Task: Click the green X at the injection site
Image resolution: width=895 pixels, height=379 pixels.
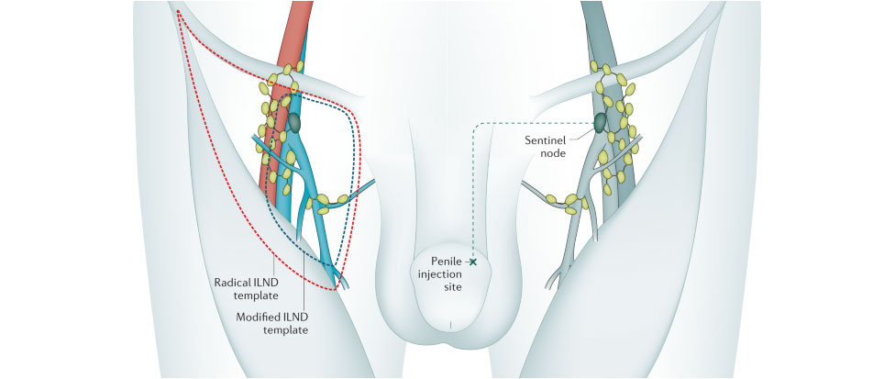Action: pyautogui.click(x=473, y=262)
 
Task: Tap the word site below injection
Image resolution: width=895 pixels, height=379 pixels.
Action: pyautogui.click(x=448, y=288)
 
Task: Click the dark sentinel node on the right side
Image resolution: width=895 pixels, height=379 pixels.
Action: pyautogui.click(x=600, y=122)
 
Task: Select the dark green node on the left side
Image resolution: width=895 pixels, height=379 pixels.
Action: pyautogui.click(x=294, y=121)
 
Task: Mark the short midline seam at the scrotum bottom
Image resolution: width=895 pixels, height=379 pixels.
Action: pyautogui.click(x=450, y=323)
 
